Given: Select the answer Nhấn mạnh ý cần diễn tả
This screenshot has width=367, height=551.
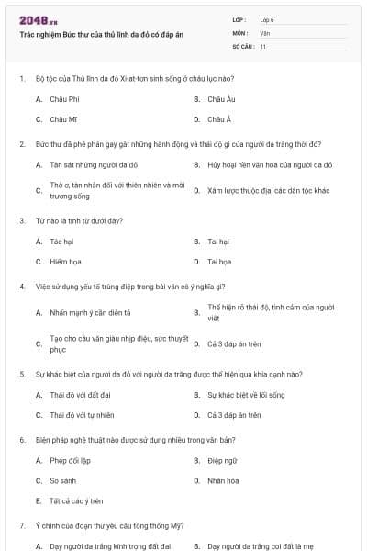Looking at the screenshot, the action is pos(90,312).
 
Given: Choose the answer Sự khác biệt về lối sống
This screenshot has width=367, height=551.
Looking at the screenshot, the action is pos(246,395).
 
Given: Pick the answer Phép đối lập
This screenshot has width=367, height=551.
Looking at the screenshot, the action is pos(70,460).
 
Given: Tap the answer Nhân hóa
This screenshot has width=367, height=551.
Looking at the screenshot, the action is pos(222,480).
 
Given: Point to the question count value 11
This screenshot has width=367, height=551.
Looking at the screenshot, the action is pos(263,46).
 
